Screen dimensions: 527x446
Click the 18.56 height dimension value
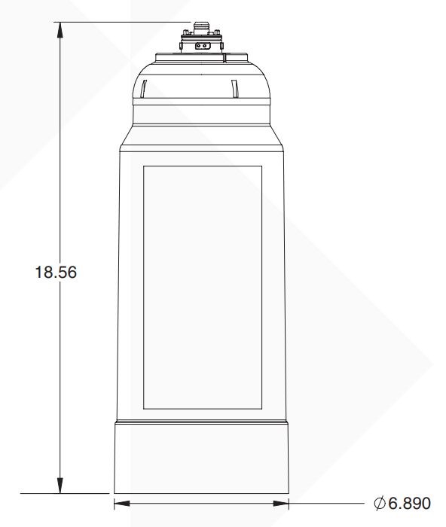pyautogui.click(x=57, y=272)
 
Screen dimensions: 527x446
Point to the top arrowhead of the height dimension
pyautogui.click(x=60, y=29)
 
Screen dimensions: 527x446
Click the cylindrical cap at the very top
pyautogui.click(x=201, y=29)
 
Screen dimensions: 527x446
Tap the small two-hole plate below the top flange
pyautogui.click(x=201, y=45)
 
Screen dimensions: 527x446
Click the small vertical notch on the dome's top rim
pyautogui.click(x=246, y=56)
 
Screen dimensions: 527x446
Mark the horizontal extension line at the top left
pyautogui.click(x=121, y=23)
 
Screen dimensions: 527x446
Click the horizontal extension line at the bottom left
pyautogui.click(x=64, y=494)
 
